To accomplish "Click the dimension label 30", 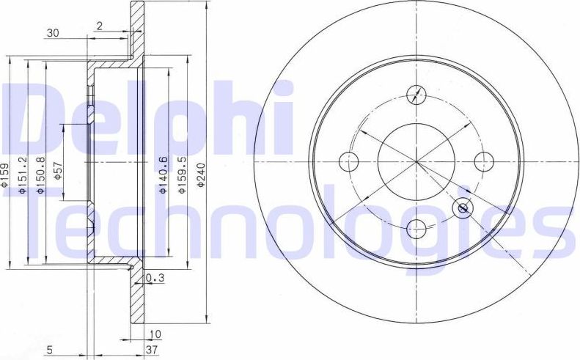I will pyautogui.click(x=51, y=32).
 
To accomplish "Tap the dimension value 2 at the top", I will pyautogui.click(x=98, y=26).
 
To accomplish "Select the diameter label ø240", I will pyautogui.click(x=199, y=175).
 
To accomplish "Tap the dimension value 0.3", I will pyautogui.click(x=155, y=278).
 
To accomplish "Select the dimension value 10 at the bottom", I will pyautogui.click(x=155, y=334).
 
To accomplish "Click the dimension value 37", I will pyautogui.click(x=151, y=350).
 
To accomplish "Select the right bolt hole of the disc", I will pyautogui.click(x=482, y=161).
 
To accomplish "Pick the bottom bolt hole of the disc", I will pyautogui.click(x=416, y=227).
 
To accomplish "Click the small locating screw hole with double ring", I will pyautogui.click(x=463, y=208).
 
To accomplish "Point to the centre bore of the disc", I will pyautogui.click(x=415, y=161).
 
